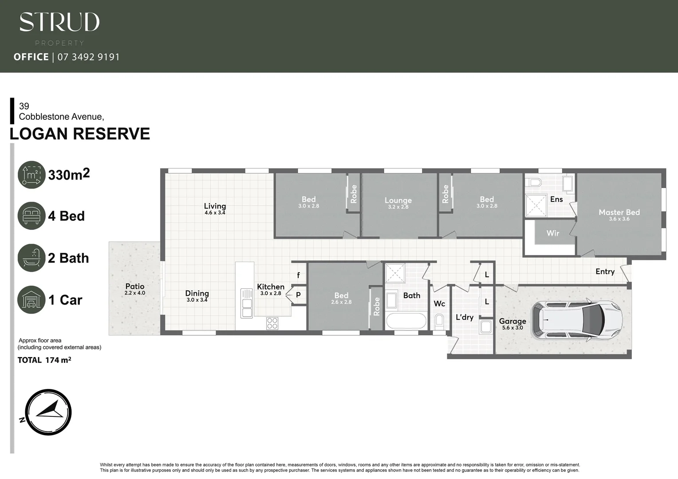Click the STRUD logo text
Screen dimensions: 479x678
pos(59,22)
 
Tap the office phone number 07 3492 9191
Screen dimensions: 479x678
pos(89,57)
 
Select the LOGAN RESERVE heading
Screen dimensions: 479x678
pos(80,134)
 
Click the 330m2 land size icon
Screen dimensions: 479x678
pos(32,175)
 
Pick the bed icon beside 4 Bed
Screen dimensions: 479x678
pos(32,216)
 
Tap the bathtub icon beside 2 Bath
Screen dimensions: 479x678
pos(32,258)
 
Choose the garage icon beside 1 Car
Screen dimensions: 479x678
pos(32,300)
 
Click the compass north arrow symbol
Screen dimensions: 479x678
pos(48,412)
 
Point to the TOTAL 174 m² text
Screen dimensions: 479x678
pos(44,360)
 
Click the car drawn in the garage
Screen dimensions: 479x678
pos(577,320)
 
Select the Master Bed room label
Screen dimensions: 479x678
pos(619,212)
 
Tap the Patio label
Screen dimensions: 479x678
pos(134,287)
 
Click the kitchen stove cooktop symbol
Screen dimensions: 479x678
pos(272,323)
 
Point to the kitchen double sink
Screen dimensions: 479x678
pos(246,303)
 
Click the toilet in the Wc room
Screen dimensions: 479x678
pos(439,320)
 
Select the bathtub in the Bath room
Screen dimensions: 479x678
pos(406,321)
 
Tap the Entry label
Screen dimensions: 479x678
pos(605,271)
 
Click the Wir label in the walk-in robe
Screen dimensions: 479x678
pos(552,233)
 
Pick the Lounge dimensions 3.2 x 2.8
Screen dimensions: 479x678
pos(398,207)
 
